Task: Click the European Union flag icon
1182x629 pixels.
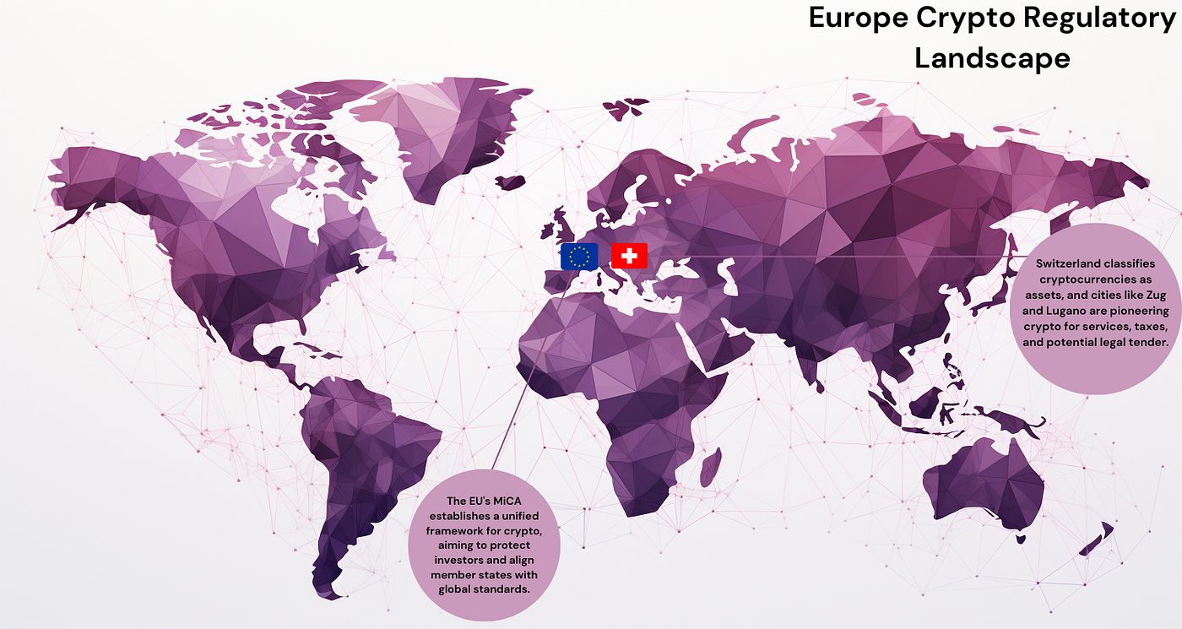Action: [579, 256]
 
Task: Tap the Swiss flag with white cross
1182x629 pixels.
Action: [629, 256]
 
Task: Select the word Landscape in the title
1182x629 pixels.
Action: [992, 57]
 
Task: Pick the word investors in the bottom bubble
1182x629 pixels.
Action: [460, 560]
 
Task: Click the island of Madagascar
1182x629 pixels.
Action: [712, 467]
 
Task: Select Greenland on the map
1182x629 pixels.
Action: [447, 127]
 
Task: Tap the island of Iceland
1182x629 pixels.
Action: [510, 182]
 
